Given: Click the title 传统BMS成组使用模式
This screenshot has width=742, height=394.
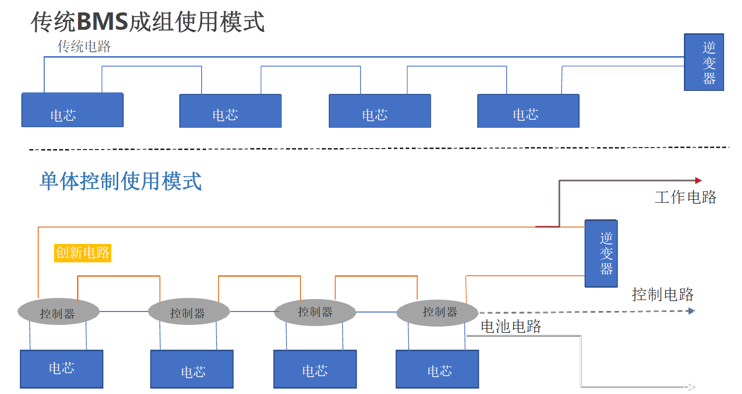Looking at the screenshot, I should tap(148, 22).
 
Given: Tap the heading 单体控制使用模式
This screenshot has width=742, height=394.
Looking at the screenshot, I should tap(121, 181).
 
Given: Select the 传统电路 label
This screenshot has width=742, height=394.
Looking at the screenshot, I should tap(84, 47).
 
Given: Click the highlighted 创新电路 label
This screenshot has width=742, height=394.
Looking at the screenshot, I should tap(82, 252).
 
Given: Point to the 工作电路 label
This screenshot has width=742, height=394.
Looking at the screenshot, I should tap(685, 197).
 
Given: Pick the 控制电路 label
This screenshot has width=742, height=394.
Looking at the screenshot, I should tap(663, 294).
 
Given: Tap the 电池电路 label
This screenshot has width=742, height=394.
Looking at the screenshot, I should tap(511, 326).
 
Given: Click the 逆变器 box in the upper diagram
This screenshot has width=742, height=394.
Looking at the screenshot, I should tap(704, 62).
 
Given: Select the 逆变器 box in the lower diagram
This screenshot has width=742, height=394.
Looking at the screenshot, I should tap(601, 253).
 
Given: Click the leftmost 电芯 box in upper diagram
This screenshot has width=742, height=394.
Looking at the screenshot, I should tap(72, 110).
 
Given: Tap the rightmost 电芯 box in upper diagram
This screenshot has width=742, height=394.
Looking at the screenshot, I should tap(528, 111).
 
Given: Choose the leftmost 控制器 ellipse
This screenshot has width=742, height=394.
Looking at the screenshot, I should tap(59, 312).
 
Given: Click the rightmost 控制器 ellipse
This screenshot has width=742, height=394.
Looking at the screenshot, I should tap(437, 312).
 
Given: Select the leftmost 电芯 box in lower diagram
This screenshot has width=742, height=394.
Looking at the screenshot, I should tap(62, 369).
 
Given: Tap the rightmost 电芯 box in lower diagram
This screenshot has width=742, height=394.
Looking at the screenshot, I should tap(438, 369).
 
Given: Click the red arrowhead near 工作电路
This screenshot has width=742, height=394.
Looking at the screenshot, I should tap(698, 180).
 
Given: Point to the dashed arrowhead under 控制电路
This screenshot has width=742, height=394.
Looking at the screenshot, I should tap(691, 311).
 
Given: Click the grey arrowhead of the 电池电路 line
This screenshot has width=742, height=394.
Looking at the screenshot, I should tap(690, 387).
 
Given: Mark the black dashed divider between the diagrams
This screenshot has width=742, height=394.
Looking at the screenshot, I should tap(377, 148).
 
